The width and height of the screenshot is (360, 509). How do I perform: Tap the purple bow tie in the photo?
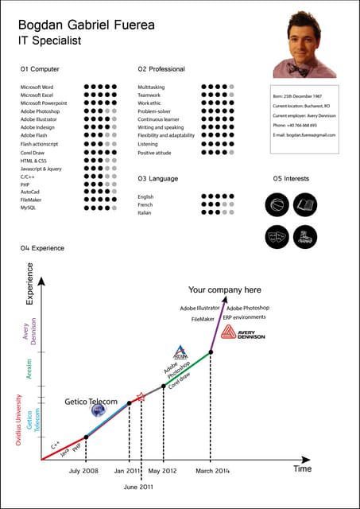[304, 69]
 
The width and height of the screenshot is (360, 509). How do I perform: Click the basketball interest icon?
[276, 205]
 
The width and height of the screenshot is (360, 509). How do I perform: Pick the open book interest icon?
[306, 205]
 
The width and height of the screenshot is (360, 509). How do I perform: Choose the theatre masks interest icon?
[276, 235]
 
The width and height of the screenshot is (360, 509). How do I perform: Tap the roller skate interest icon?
[306, 235]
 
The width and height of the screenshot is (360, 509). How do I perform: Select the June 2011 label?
[141, 486]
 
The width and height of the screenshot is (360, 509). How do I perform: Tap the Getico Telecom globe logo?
[98, 411]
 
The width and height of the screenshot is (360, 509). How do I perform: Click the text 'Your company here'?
[224, 290]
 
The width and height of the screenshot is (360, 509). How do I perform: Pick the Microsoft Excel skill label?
[37, 95]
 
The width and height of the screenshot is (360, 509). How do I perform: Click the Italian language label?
[145, 212]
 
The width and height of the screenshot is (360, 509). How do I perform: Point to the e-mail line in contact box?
[304, 135]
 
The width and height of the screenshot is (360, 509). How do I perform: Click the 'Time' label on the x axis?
[303, 469]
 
